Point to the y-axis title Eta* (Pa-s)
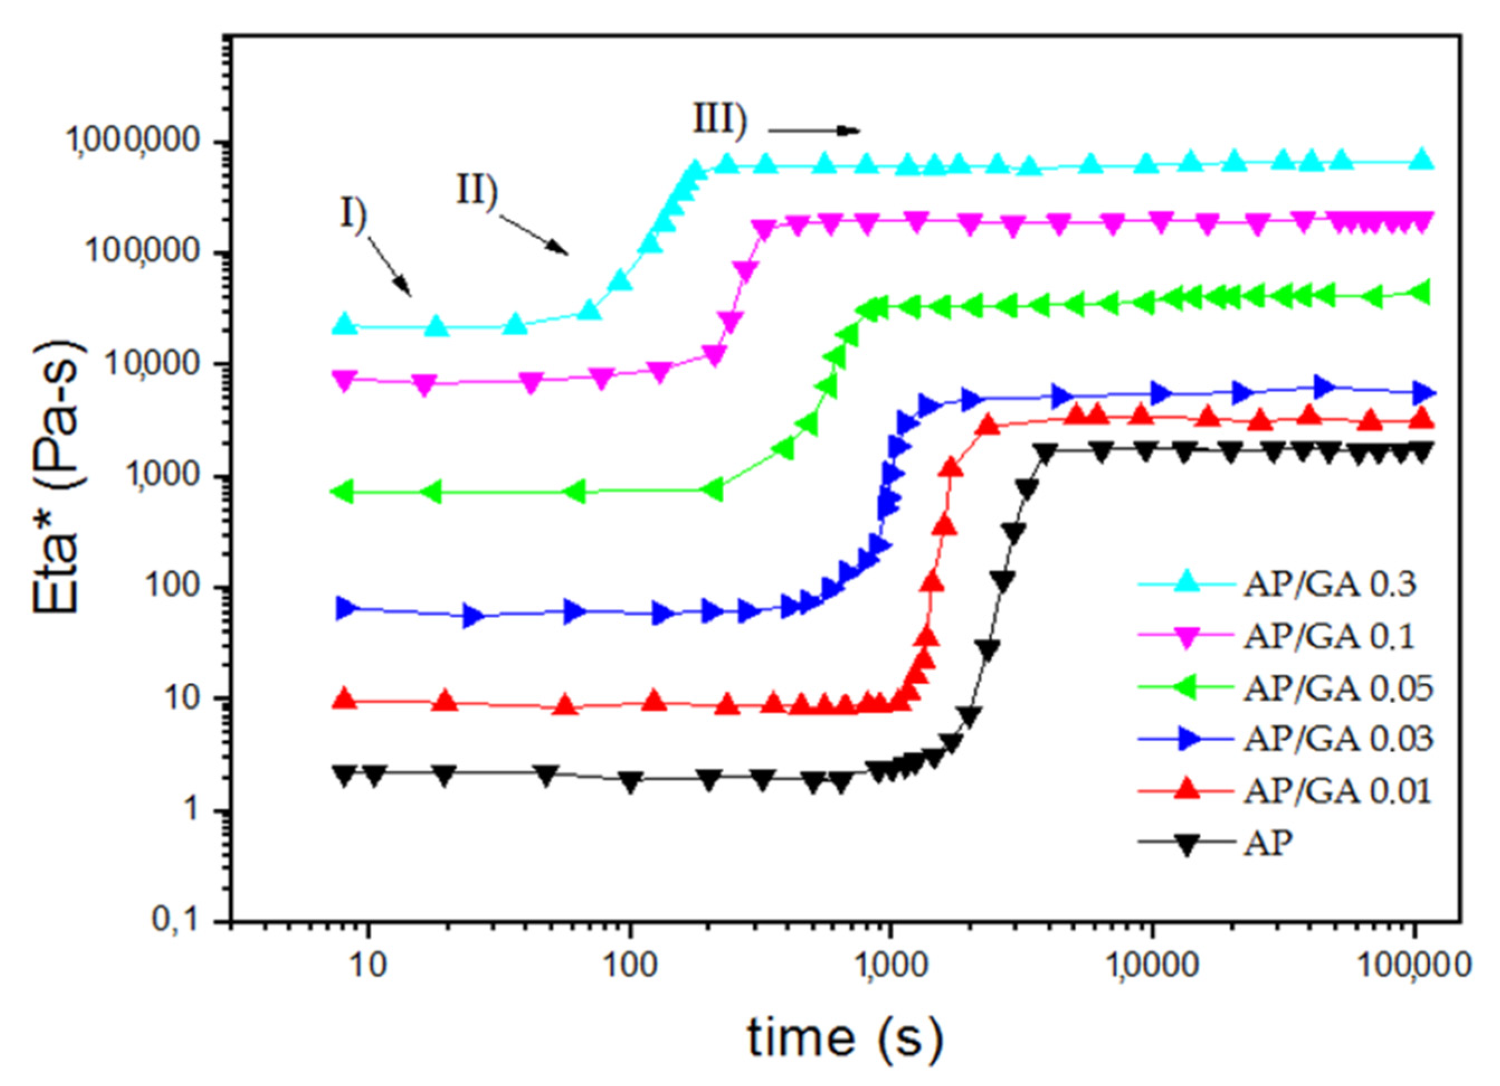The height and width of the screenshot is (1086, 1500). (x=56, y=480)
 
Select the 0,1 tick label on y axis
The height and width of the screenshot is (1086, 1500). (x=176, y=920)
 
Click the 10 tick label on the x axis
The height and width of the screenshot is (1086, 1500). (x=368, y=966)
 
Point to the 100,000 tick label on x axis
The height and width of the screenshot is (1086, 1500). (x=1415, y=966)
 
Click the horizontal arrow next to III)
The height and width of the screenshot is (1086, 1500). (x=813, y=130)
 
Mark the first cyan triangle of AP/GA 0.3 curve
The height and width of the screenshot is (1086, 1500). (x=345, y=324)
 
